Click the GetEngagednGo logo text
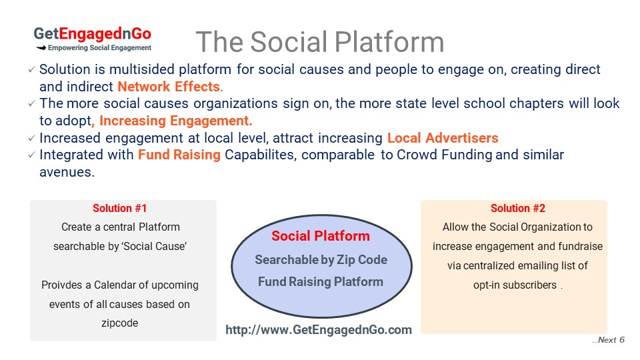[92, 34]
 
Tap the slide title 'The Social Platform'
[320, 41]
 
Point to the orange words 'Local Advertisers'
[443, 138]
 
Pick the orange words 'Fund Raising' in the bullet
[179, 155]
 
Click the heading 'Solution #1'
[119, 208]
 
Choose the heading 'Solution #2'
[518, 208]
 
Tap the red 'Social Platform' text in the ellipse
[321, 236]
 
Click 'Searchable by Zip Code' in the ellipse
[321, 259]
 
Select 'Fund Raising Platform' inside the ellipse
[321, 281]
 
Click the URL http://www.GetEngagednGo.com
[319, 330]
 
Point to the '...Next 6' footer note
[608, 339]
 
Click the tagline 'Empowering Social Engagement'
[99, 48]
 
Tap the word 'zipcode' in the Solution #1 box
[119, 323]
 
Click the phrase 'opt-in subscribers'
[515, 285]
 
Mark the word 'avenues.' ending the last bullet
[67, 172]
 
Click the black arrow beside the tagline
[41, 48]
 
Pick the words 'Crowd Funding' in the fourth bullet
[444, 155]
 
